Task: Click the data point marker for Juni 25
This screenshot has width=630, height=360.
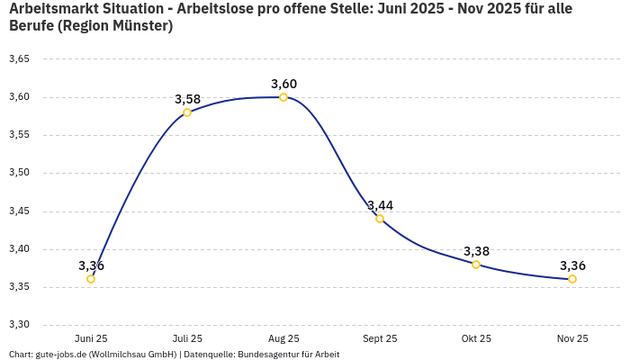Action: click(91, 279)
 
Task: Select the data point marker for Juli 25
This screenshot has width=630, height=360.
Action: click(187, 112)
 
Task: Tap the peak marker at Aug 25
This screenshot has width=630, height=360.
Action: click(283, 97)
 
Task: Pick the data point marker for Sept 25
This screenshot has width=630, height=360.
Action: click(380, 219)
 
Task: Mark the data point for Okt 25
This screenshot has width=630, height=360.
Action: click(476, 265)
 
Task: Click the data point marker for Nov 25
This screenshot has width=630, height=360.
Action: click(572, 279)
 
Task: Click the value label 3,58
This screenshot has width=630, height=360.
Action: click(187, 98)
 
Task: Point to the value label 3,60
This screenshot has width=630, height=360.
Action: click(283, 84)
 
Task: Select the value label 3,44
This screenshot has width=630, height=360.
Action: click(380, 205)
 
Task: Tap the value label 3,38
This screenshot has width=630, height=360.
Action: click(476, 251)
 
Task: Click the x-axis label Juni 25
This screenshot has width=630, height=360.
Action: click(91, 338)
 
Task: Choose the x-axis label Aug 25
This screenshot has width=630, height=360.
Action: click(283, 338)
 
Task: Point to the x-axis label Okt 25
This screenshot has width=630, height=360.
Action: click(476, 338)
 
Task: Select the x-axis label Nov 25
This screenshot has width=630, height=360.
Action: click(572, 338)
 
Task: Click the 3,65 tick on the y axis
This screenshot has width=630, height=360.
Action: click(19, 59)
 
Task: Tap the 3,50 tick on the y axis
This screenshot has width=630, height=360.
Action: click(19, 173)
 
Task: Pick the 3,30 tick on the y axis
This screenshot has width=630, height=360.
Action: click(19, 325)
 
